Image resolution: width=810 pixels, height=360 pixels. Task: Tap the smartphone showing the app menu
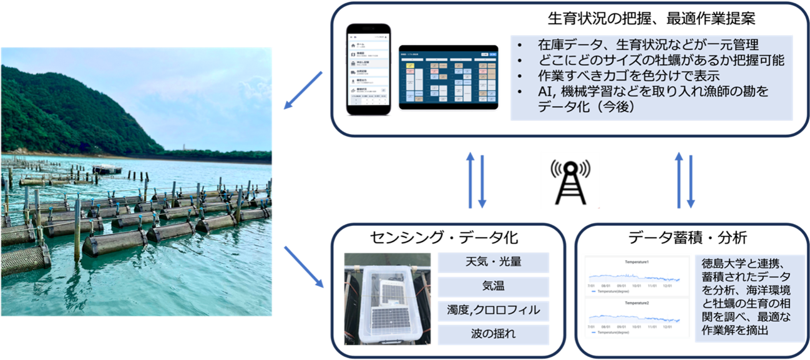pyautogui.click(x=369, y=69)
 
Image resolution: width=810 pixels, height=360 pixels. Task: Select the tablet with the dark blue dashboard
pyautogui.click(x=448, y=77)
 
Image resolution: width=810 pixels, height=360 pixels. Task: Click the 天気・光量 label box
pyautogui.click(x=493, y=263)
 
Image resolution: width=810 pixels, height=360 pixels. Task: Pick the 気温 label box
pyautogui.click(x=493, y=286)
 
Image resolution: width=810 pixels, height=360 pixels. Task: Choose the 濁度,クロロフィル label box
pyautogui.click(x=493, y=310)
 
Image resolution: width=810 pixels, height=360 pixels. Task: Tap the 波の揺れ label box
pyautogui.click(x=493, y=334)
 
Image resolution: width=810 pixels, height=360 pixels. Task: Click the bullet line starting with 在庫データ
pyautogui.click(x=648, y=45)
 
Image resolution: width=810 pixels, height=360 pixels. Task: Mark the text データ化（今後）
pyautogui.click(x=587, y=107)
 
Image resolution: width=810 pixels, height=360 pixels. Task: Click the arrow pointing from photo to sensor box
pyautogui.click(x=304, y=266)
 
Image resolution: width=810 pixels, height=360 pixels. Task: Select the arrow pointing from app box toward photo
pyautogui.click(x=303, y=90)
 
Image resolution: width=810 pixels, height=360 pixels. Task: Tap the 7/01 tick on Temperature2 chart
pyautogui.click(x=590, y=326)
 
